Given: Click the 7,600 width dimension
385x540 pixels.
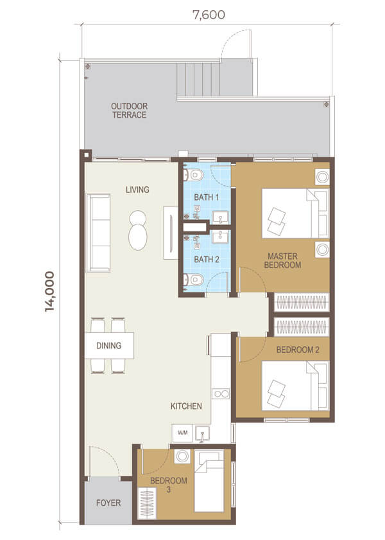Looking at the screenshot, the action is tap(209, 15).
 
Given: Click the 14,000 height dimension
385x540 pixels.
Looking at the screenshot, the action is tap(49, 291).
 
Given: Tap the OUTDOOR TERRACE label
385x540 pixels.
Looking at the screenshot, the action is tap(129, 111).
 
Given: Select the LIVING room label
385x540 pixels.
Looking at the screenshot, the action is tap(137, 190).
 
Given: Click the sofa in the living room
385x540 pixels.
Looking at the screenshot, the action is tap(98, 233).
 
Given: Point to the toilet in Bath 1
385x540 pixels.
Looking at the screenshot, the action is tap(194, 175).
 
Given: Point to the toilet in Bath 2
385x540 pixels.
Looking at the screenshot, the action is tap(194, 280).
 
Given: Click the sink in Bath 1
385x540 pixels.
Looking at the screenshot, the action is tap(220, 217).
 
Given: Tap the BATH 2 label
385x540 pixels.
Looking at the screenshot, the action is tap(207, 259).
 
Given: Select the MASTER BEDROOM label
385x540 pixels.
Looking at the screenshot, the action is tap(282, 261).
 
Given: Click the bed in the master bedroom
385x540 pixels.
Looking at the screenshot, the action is tap(295, 213).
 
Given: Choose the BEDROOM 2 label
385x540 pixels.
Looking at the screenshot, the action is tap(298, 350).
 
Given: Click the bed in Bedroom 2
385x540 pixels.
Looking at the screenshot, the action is tap(295, 386).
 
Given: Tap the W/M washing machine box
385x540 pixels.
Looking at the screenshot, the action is tap(182, 433).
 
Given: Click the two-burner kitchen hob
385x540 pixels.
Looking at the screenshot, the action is tap(221, 393).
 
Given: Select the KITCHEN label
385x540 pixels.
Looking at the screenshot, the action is tap(186, 406).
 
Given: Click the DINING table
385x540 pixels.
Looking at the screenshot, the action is tap(109, 345).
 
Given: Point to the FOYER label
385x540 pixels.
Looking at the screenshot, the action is tap(108, 503).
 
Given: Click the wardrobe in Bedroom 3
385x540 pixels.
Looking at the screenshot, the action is tap(147, 503).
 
